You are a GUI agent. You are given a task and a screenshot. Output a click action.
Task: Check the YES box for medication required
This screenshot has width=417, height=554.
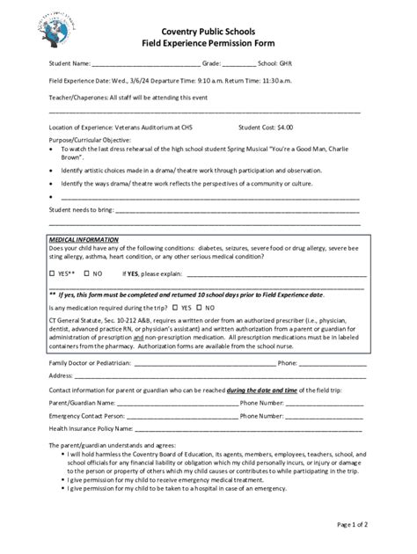(x=176, y=308)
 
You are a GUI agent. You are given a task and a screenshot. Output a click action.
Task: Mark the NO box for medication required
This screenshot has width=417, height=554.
(x=200, y=308)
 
